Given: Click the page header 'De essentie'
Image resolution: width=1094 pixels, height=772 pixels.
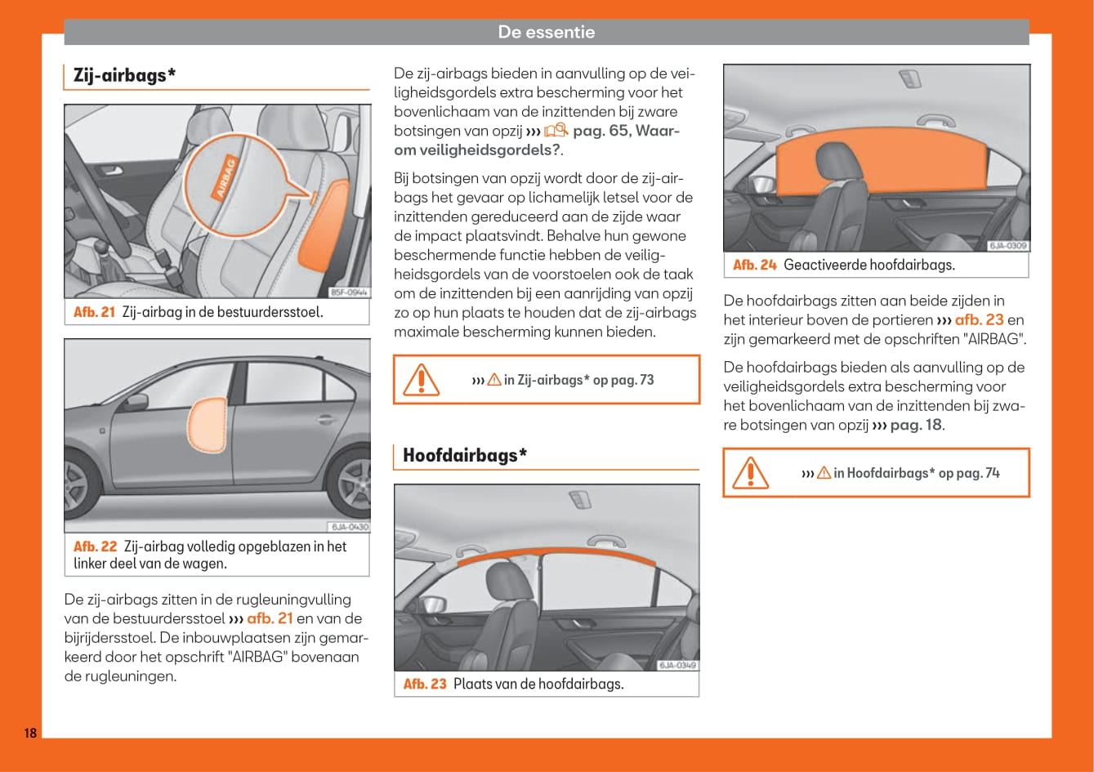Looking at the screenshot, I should click(x=546, y=33).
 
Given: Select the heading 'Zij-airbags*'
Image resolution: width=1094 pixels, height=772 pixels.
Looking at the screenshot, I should click(x=124, y=75).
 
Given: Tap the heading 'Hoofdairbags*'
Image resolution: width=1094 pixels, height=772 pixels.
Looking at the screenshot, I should click(x=464, y=455).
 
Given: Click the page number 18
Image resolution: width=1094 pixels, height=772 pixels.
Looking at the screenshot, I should click(x=30, y=733).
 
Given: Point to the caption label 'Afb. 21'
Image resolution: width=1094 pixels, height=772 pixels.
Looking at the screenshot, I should click(x=94, y=312).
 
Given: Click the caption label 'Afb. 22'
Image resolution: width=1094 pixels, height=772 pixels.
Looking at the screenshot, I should click(x=95, y=547).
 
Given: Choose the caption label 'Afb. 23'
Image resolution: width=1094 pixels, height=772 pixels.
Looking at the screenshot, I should click(x=425, y=684).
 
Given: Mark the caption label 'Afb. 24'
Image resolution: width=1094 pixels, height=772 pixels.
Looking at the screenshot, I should click(x=754, y=265).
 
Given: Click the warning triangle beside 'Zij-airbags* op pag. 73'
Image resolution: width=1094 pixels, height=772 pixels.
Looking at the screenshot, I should click(x=422, y=379).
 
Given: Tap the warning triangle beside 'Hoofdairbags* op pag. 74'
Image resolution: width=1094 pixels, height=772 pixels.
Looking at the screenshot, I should click(x=750, y=472).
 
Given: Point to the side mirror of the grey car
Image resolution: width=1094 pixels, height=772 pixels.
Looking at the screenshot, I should click(x=136, y=403).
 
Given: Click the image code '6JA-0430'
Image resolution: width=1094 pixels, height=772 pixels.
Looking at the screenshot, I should click(x=350, y=527).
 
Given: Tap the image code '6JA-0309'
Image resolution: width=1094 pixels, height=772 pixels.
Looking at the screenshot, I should click(x=1008, y=246).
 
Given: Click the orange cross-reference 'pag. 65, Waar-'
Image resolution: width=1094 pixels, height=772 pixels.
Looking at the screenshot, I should click(x=626, y=131).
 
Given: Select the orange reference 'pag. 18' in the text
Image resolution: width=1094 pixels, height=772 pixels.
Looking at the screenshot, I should click(x=916, y=425).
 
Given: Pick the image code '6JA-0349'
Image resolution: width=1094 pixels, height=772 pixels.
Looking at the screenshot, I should click(x=678, y=665).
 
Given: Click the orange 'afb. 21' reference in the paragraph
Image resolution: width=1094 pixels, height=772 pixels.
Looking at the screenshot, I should click(x=270, y=618).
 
